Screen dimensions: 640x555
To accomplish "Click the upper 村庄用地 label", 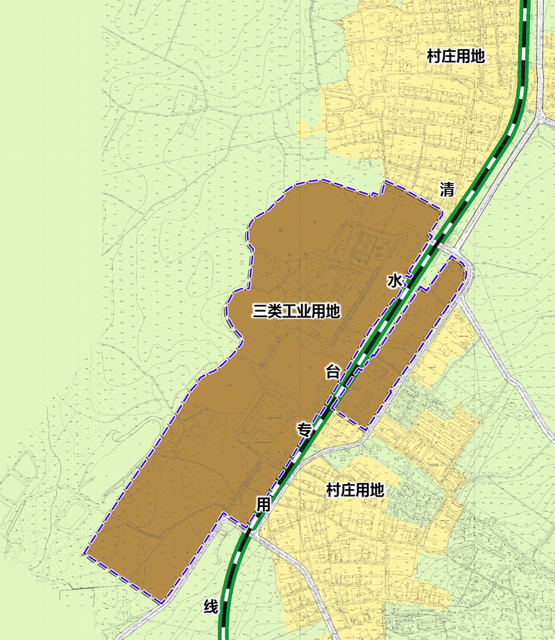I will pos(456,57).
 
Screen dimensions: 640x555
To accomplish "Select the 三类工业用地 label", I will pos(296,312).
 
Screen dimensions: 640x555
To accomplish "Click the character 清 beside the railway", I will pos(447,189).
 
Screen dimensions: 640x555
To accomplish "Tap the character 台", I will pos(333,372).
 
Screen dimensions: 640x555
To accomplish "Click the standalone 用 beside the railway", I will pos(263,504).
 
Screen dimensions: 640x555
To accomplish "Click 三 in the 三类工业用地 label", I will pos(259,312).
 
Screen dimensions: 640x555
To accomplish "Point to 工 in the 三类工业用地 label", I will pos(296,312).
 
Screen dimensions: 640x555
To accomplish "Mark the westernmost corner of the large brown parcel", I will pos(84,553).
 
